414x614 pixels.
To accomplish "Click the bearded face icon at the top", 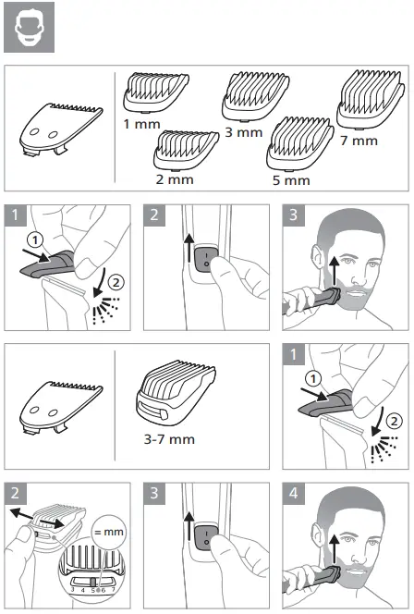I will pyautogui.click(x=28, y=28).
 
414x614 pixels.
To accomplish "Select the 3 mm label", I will pyautogui.click(x=243, y=131).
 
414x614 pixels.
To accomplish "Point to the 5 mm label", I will pyautogui.click(x=291, y=179).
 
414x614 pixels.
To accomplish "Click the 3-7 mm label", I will pyautogui.click(x=171, y=438).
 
